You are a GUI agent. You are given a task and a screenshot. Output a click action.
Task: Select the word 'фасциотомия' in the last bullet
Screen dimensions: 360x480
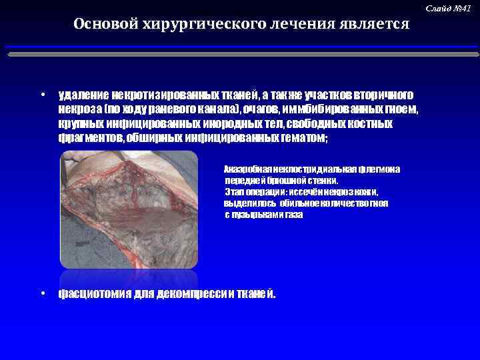94,294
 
